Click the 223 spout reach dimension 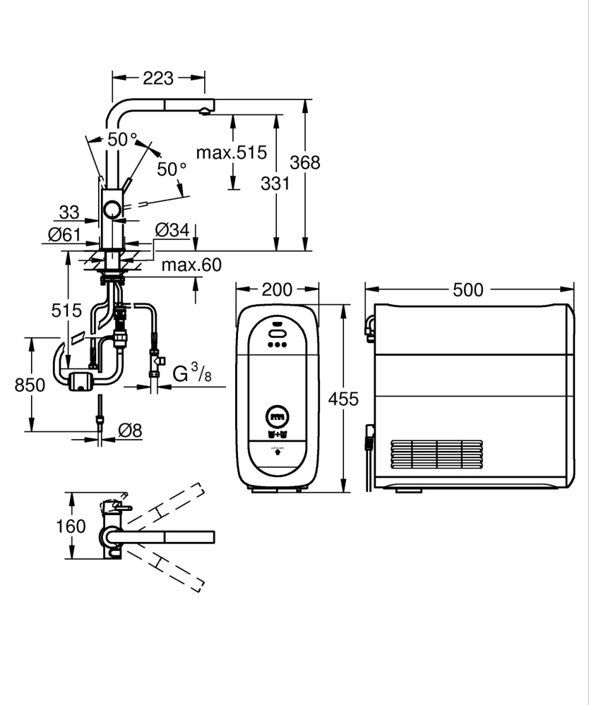click(158, 78)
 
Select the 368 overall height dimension click(306, 162)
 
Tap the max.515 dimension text click(230, 152)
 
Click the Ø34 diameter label click(171, 230)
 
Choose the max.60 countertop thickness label click(191, 265)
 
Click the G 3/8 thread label click(191, 373)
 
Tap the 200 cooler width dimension click(276, 289)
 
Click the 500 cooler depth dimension click(468, 289)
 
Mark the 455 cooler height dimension click(344, 399)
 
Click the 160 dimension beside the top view click(71, 526)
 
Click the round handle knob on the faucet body click(112, 209)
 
